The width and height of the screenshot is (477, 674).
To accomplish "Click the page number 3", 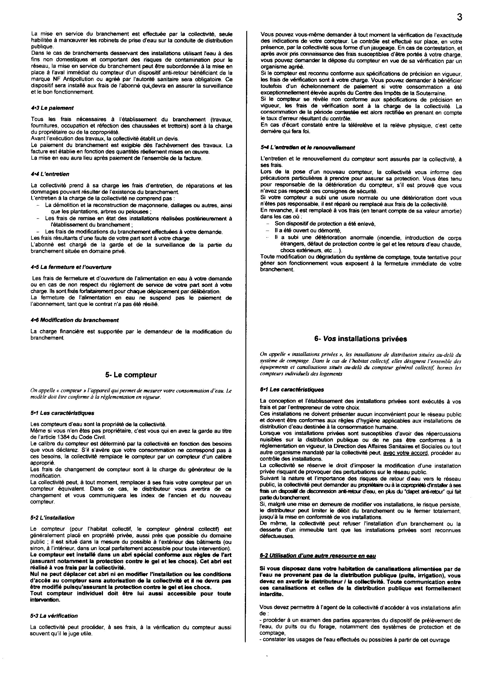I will (459, 18).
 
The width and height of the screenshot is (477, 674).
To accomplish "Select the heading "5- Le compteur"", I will (131, 375).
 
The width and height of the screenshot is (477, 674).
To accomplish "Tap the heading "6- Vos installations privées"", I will (360, 339).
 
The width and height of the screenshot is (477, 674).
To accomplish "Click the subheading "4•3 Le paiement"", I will (52, 108).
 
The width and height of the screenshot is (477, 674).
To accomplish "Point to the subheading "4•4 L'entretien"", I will (50, 174).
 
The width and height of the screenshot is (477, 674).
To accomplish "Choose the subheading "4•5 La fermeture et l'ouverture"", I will (71, 267).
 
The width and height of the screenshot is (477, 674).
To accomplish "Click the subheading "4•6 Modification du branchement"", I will (75, 320).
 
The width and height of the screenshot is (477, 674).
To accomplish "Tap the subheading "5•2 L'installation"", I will (52, 518).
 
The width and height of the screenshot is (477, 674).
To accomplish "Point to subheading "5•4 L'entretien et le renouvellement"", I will (307, 148).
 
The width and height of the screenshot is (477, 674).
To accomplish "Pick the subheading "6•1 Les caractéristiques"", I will (292, 390).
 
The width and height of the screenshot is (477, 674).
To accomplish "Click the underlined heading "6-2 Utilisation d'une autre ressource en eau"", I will (318, 556).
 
